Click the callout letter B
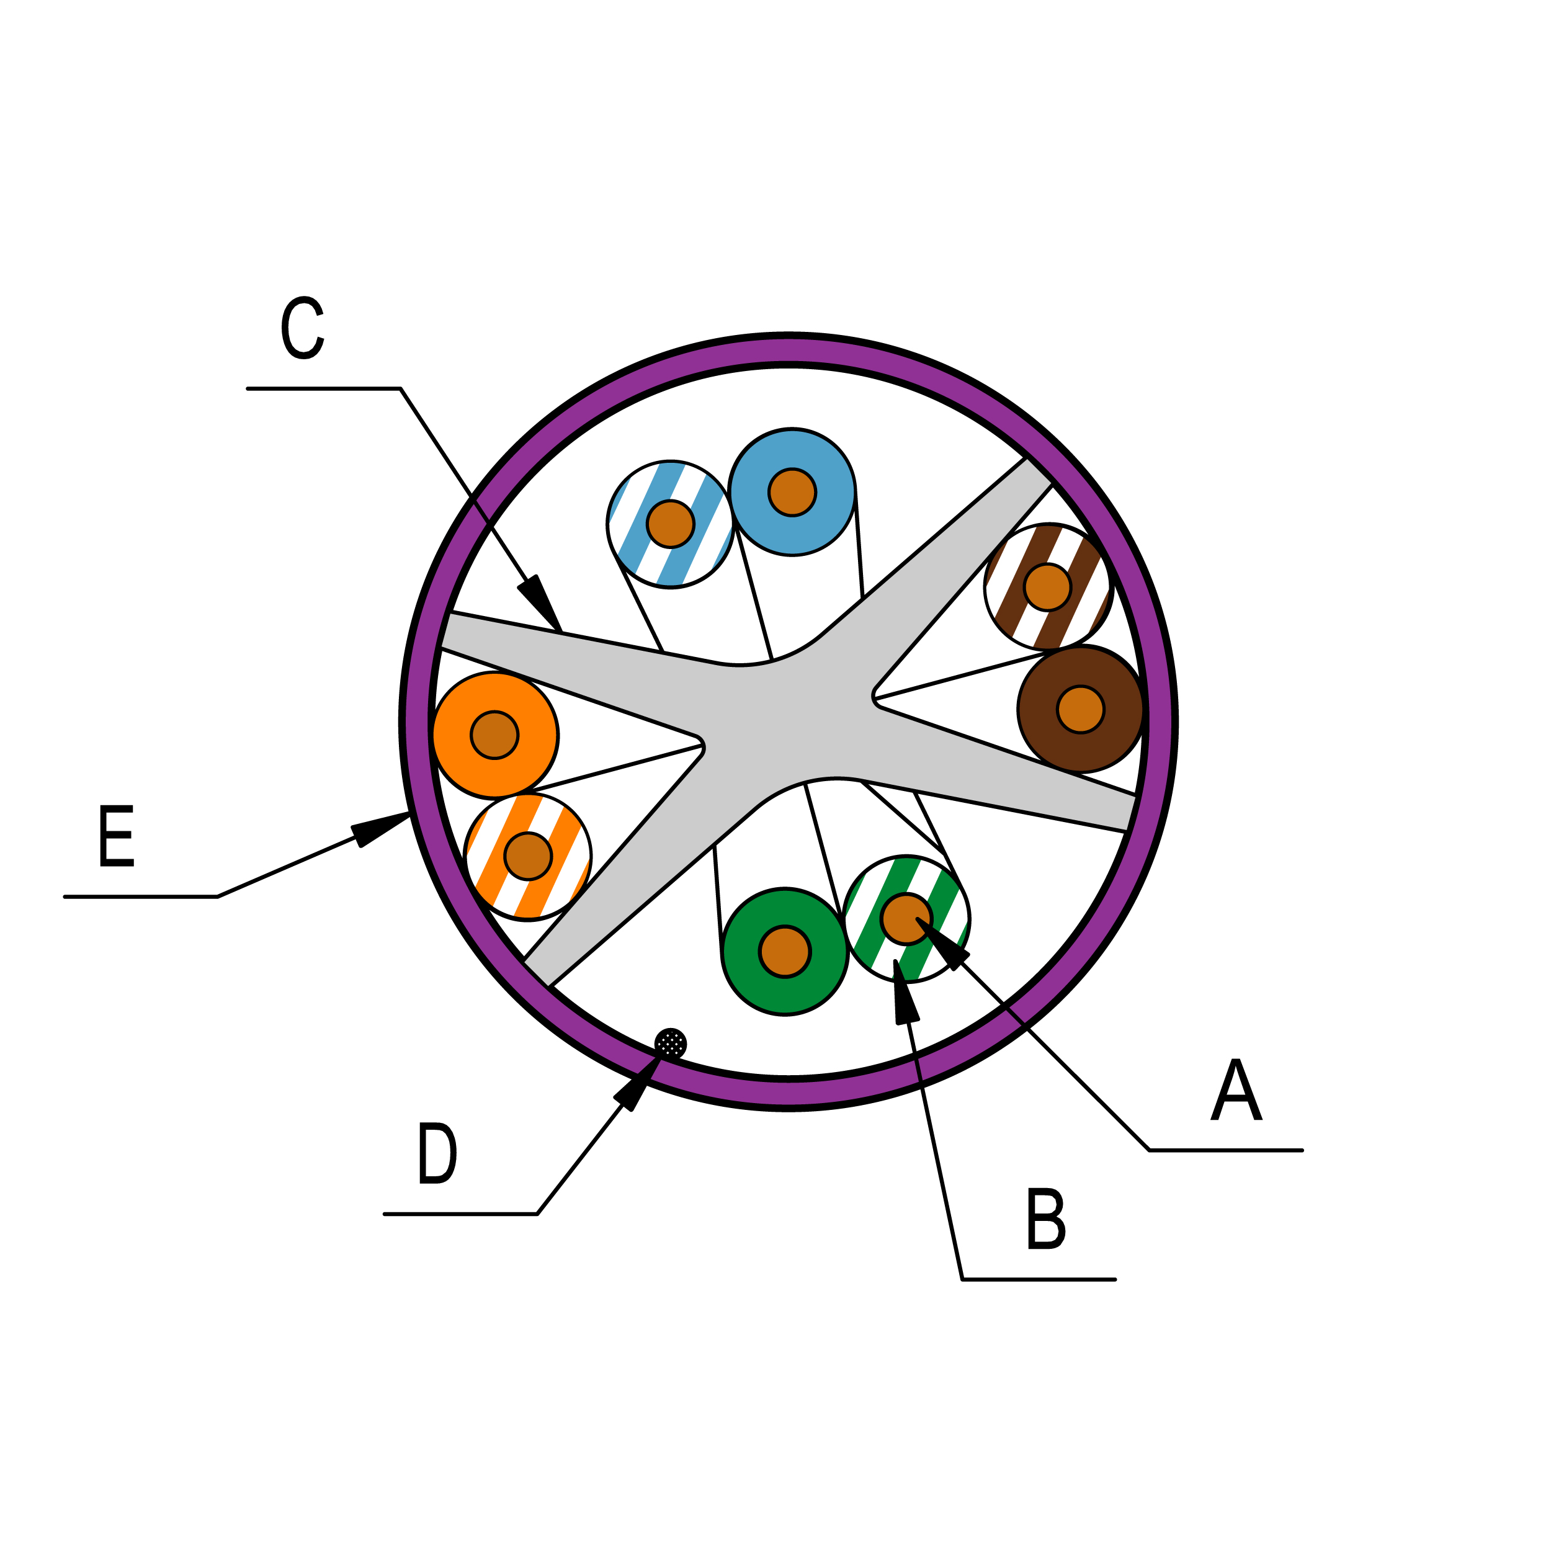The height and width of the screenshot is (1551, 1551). coord(1045,1218)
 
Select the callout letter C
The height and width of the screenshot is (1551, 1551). coord(303,328)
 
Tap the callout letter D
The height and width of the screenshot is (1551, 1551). coord(437,1153)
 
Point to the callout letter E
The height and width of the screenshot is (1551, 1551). coord(117,836)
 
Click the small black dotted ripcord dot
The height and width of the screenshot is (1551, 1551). coord(670,1044)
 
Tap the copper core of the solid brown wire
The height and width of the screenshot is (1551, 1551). coord(1081,709)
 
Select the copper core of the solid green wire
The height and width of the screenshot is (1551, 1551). coord(784,952)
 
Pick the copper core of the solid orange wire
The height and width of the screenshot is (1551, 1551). coord(494,735)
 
